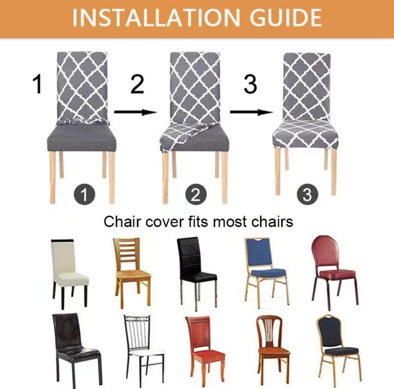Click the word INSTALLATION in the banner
click(x=156, y=18)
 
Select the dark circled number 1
click(x=85, y=194)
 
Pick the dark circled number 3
click(x=307, y=194)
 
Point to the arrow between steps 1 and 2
click(x=136, y=112)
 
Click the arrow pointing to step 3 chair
click(x=251, y=112)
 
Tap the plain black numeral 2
click(x=137, y=84)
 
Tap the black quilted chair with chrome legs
click(x=195, y=271)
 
